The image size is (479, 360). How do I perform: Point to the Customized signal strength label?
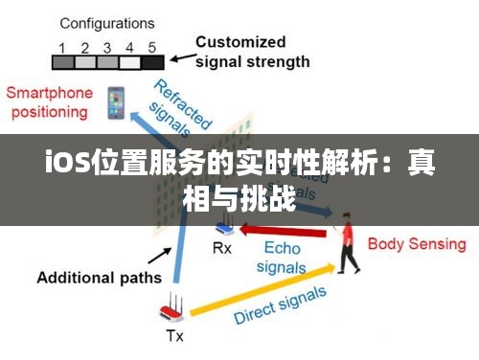coord(253,52)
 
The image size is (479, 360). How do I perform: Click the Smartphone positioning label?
coord(50,102)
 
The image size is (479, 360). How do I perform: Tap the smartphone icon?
coord(115,102)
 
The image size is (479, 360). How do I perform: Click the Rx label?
coord(221,248)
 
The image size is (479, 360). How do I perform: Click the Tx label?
coord(174,335)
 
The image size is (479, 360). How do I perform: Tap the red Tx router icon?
coord(172,309)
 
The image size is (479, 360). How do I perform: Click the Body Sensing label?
coord(417,244)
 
